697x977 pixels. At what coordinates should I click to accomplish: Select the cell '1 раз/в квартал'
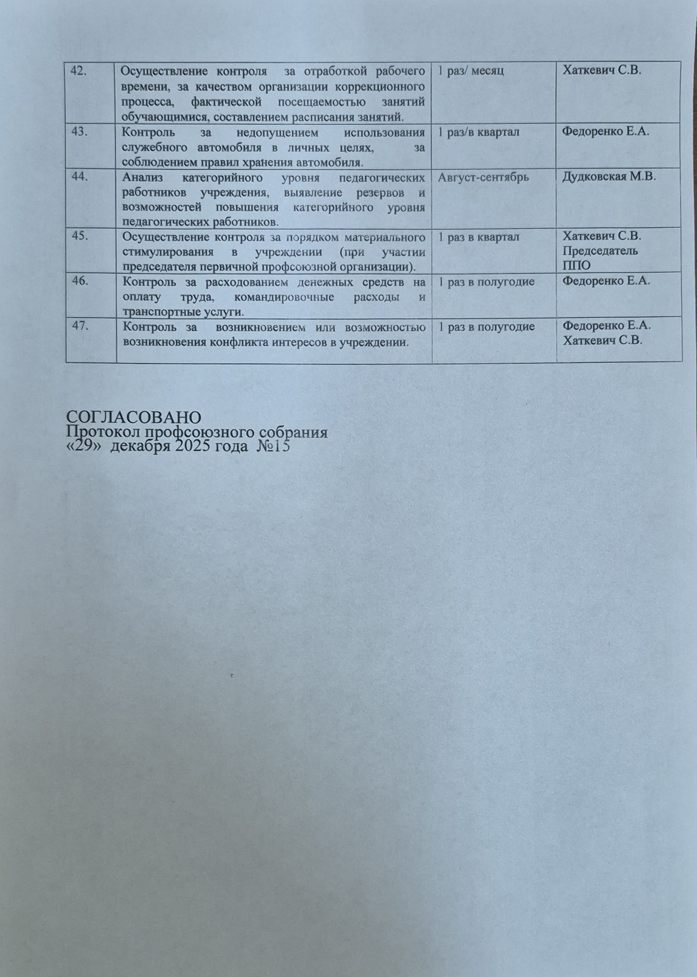(478, 133)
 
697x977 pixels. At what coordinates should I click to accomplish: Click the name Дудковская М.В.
(610, 177)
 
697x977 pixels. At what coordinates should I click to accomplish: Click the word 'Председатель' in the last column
(600, 251)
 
